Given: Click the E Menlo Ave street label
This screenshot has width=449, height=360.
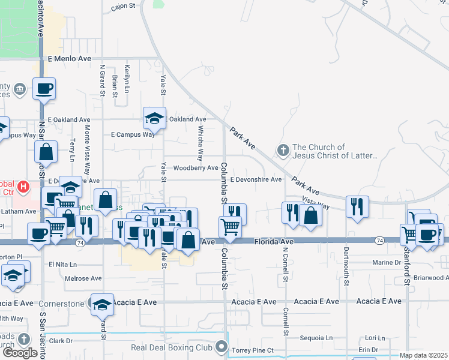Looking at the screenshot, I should (69, 59).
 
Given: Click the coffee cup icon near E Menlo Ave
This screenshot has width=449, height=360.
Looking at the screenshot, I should (44, 89).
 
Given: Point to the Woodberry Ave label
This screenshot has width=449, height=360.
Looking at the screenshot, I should (195, 168).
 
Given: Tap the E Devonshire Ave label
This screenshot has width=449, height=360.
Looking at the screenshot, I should (256, 179).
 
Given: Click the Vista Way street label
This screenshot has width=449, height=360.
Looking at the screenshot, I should (316, 203).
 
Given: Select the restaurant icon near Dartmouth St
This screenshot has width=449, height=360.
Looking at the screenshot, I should (358, 206).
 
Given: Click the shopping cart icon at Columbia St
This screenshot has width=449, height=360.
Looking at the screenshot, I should (230, 227).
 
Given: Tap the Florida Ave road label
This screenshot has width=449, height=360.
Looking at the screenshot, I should (274, 241).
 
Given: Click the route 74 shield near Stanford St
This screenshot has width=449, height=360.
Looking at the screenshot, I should (379, 241).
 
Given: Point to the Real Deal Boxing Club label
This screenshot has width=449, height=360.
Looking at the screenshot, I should (172, 347).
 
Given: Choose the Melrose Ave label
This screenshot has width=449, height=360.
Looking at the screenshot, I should (67, 278).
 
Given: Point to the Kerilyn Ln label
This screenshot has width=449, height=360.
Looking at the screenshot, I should (127, 79).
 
